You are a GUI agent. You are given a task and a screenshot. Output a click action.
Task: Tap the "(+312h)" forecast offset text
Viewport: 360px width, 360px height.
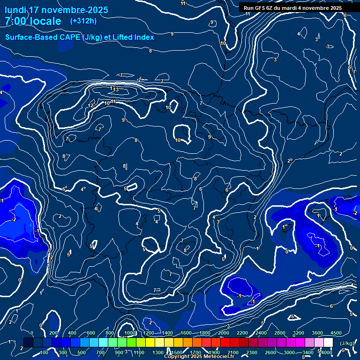[83, 21]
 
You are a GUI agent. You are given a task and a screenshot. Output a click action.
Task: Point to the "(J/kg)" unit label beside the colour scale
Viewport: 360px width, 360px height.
[346, 344]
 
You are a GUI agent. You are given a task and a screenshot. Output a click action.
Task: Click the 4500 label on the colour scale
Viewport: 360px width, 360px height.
[336, 333]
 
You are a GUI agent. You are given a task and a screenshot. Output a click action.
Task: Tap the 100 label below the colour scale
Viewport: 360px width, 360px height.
[44, 352]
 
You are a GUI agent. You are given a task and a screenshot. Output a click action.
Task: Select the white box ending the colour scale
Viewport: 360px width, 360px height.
[328, 343]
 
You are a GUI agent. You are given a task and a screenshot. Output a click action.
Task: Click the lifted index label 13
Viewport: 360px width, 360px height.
[116, 90]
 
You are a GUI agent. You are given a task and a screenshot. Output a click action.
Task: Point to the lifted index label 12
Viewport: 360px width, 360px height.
[90, 106]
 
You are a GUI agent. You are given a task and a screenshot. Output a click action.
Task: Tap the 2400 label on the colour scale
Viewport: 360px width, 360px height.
[261, 333]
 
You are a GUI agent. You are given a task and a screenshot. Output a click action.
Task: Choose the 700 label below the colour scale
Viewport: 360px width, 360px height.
[100, 352]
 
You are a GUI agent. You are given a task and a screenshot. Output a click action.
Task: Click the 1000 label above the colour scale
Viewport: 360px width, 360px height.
[129, 333]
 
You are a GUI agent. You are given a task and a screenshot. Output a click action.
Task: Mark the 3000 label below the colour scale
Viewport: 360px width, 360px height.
[289, 352]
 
